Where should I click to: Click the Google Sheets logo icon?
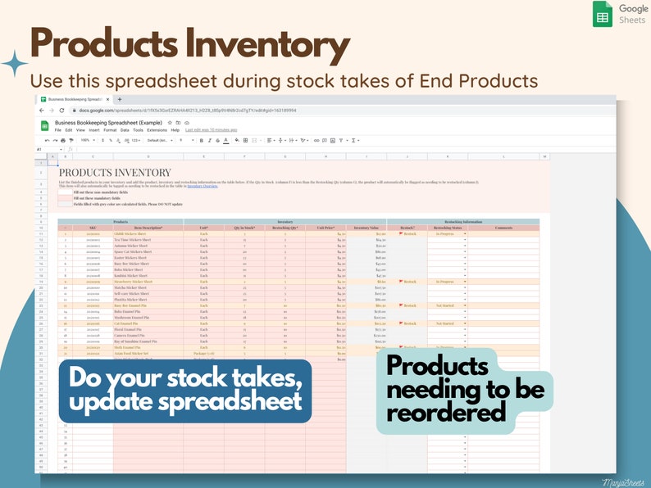click(x=603, y=14)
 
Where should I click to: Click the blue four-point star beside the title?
click(x=14, y=64)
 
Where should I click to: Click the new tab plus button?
click(x=120, y=99)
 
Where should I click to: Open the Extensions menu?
click(x=157, y=129)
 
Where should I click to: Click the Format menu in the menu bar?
click(x=110, y=129)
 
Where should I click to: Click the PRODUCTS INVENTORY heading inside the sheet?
click(x=115, y=173)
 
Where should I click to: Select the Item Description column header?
click(x=148, y=227)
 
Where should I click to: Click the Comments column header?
click(x=503, y=227)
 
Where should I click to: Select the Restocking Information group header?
click(x=463, y=221)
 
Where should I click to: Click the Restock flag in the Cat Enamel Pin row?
click(x=407, y=323)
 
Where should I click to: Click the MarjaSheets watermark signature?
click(x=621, y=482)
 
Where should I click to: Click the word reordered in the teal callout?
click(x=447, y=413)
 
